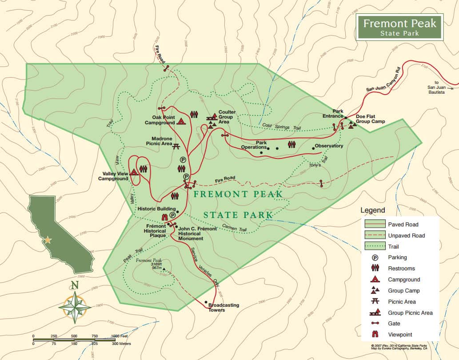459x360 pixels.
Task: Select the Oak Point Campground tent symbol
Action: click(x=181, y=121)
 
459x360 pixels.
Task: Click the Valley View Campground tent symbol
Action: click(x=135, y=172)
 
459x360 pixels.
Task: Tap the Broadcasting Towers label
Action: click(x=224, y=307)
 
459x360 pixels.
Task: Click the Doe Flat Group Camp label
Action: click(x=370, y=119)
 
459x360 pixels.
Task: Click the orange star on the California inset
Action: click(x=48, y=240)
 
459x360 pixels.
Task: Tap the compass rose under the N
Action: click(x=75, y=306)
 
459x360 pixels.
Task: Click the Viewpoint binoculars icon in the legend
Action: click(x=375, y=335)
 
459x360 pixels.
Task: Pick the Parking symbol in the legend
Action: click(x=375, y=257)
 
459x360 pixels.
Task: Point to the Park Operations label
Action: click(x=254, y=145)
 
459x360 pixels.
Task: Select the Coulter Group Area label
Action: click(x=227, y=117)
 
